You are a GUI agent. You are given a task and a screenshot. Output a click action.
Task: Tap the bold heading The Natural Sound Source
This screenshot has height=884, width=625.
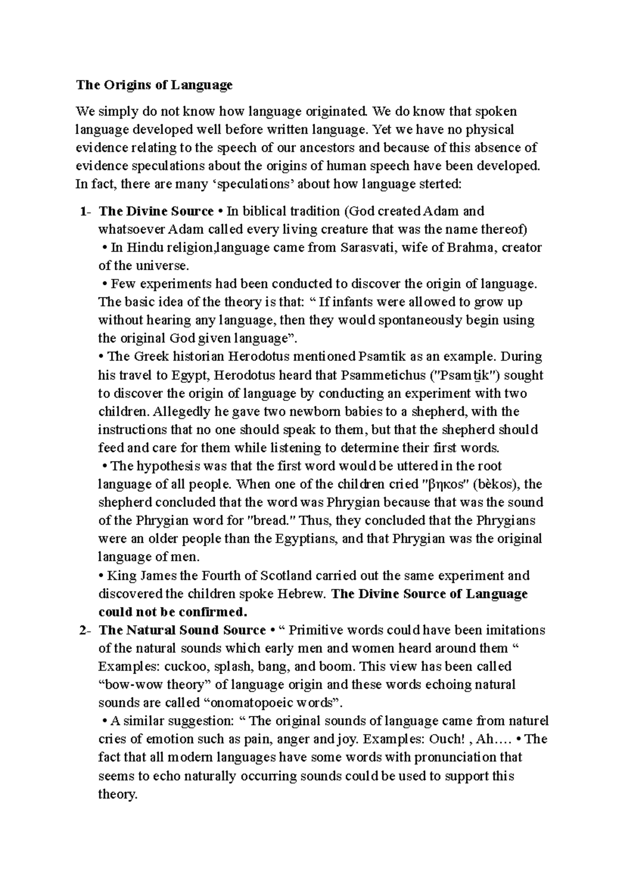[182, 630]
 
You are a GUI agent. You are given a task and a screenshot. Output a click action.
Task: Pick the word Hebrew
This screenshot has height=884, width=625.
[301, 594]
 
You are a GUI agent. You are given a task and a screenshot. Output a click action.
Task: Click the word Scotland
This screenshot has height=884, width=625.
[286, 576]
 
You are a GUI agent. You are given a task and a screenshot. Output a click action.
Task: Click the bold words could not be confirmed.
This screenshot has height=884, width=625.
[172, 612]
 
